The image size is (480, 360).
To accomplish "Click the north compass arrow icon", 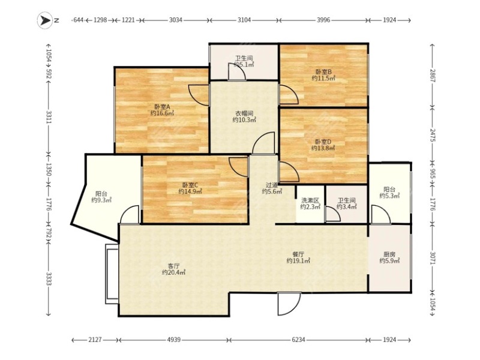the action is pyautogui.click(x=45, y=20).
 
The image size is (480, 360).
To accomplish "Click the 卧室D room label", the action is pyautogui.click(x=323, y=142).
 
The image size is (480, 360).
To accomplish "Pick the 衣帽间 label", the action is pyautogui.click(x=244, y=113).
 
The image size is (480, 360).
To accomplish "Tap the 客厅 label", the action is pyautogui.click(x=173, y=266).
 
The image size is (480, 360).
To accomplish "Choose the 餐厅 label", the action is pyautogui.click(x=298, y=254).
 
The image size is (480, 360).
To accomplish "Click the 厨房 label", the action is pyautogui.click(x=389, y=254).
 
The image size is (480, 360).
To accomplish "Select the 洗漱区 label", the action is pyautogui.click(x=310, y=200).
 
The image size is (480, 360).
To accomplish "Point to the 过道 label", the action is pyautogui.click(x=272, y=185).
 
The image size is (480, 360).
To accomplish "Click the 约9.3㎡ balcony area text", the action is pyautogui.click(x=101, y=200).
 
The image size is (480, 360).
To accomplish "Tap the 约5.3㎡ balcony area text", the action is pyautogui.click(x=389, y=196).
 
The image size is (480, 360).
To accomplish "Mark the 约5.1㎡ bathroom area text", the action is pyautogui.click(x=244, y=65).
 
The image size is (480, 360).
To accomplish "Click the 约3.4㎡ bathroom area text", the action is pyautogui.click(x=347, y=207).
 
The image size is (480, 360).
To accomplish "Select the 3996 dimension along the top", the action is pyautogui.click(x=323, y=20).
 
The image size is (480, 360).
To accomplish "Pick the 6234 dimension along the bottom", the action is pyautogui.click(x=298, y=340).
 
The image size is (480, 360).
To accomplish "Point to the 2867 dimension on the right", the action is pyautogui.click(x=432, y=76).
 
